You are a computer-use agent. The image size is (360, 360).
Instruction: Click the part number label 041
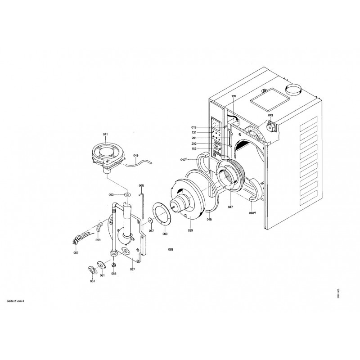105,135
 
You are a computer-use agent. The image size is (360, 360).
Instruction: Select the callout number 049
136,156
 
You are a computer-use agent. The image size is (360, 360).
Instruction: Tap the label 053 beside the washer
111,195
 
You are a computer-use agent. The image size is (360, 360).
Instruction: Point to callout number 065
141,185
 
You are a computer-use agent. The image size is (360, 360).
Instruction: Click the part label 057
76,253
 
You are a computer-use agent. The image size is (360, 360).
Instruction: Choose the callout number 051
92,281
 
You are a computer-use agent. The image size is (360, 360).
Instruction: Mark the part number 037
132,270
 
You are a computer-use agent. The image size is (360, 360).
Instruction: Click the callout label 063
165,234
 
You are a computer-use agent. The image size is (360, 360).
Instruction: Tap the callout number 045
209,220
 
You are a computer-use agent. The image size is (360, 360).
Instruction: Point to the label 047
230,207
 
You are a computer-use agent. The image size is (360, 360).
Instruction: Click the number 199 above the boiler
234,97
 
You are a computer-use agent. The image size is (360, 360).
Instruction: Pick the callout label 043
270,115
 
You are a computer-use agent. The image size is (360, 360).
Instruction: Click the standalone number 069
171,249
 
